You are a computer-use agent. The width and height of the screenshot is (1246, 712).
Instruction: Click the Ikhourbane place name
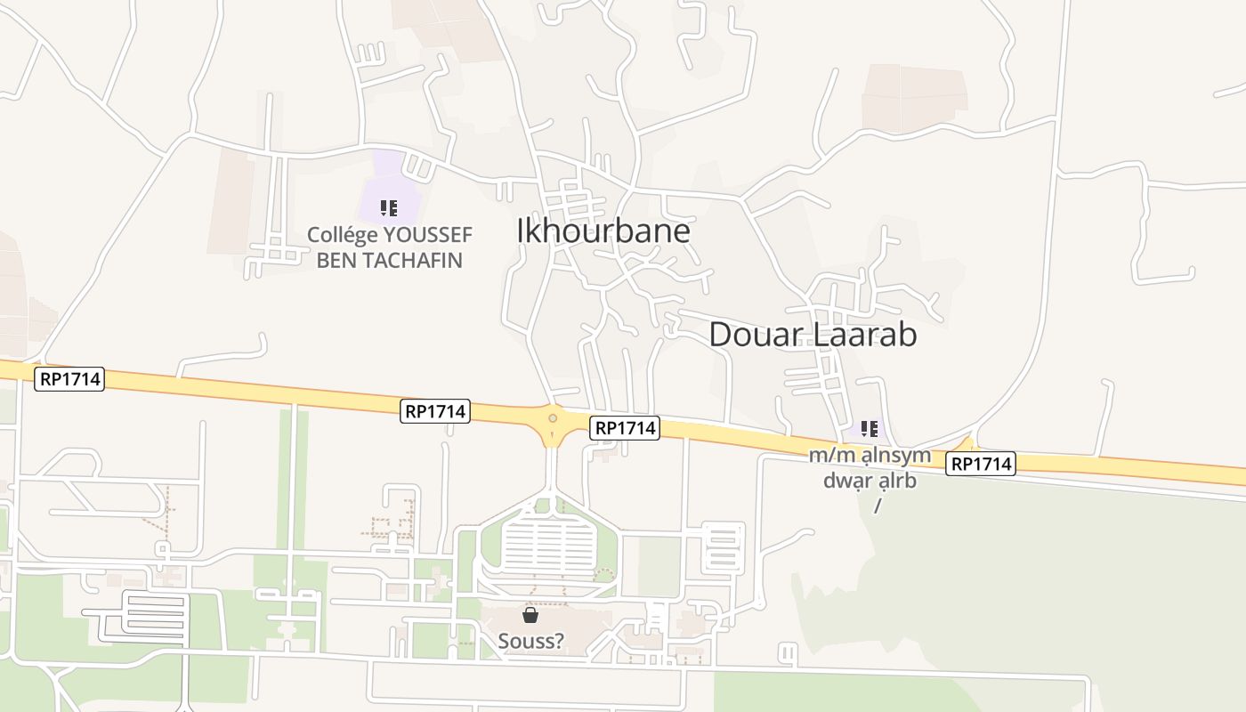coord(603,231)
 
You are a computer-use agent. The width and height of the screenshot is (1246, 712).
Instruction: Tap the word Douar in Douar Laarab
coord(756,335)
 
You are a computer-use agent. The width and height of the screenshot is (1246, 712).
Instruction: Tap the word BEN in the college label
coord(335,260)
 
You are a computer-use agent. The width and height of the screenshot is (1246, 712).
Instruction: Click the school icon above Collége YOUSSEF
coord(389,208)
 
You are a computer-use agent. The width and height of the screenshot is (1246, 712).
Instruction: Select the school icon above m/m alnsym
coord(870,429)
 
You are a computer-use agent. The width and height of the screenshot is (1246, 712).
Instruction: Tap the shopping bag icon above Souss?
coord(530,615)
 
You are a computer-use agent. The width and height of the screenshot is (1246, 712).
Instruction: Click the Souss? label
coord(530,641)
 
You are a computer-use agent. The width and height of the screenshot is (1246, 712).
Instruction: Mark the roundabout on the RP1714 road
coord(553,418)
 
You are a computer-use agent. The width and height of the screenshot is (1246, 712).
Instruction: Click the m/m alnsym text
coord(870,456)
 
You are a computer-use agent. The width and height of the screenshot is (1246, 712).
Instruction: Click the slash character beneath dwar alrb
coord(878,505)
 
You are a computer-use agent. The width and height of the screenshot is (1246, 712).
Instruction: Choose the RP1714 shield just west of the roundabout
coord(435,411)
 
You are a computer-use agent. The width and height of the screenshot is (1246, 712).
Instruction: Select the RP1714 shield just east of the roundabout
coord(625,428)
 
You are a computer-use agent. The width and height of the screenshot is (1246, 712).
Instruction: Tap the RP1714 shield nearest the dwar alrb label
coord(980,464)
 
